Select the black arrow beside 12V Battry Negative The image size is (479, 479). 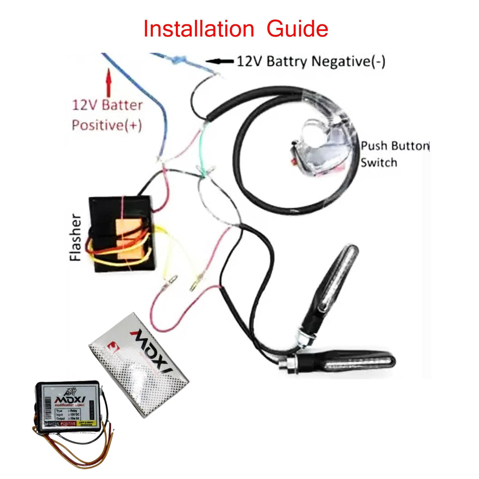(x=220, y=61)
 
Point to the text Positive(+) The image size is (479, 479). (x=107, y=125)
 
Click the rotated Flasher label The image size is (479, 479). (x=76, y=237)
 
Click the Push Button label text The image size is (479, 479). (x=394, y=145)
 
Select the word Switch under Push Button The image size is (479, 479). (x=379, y=162)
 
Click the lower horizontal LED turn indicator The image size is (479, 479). (x=346, y=361)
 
